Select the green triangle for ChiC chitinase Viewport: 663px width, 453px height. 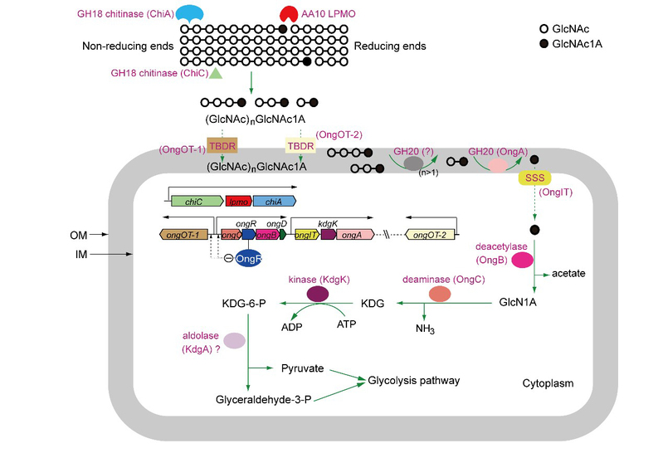(215, 74)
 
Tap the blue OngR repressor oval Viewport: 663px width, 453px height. (249, 258)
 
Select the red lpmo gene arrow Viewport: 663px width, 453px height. (238, 201)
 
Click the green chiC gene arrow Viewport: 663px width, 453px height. (197, 201)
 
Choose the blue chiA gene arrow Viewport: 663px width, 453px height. (274, 201)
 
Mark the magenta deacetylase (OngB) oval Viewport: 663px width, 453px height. (522, 261)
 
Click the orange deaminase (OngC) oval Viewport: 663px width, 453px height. (439, 295)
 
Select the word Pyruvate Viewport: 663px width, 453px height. (304, 367)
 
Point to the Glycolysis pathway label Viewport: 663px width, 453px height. (416, 380)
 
